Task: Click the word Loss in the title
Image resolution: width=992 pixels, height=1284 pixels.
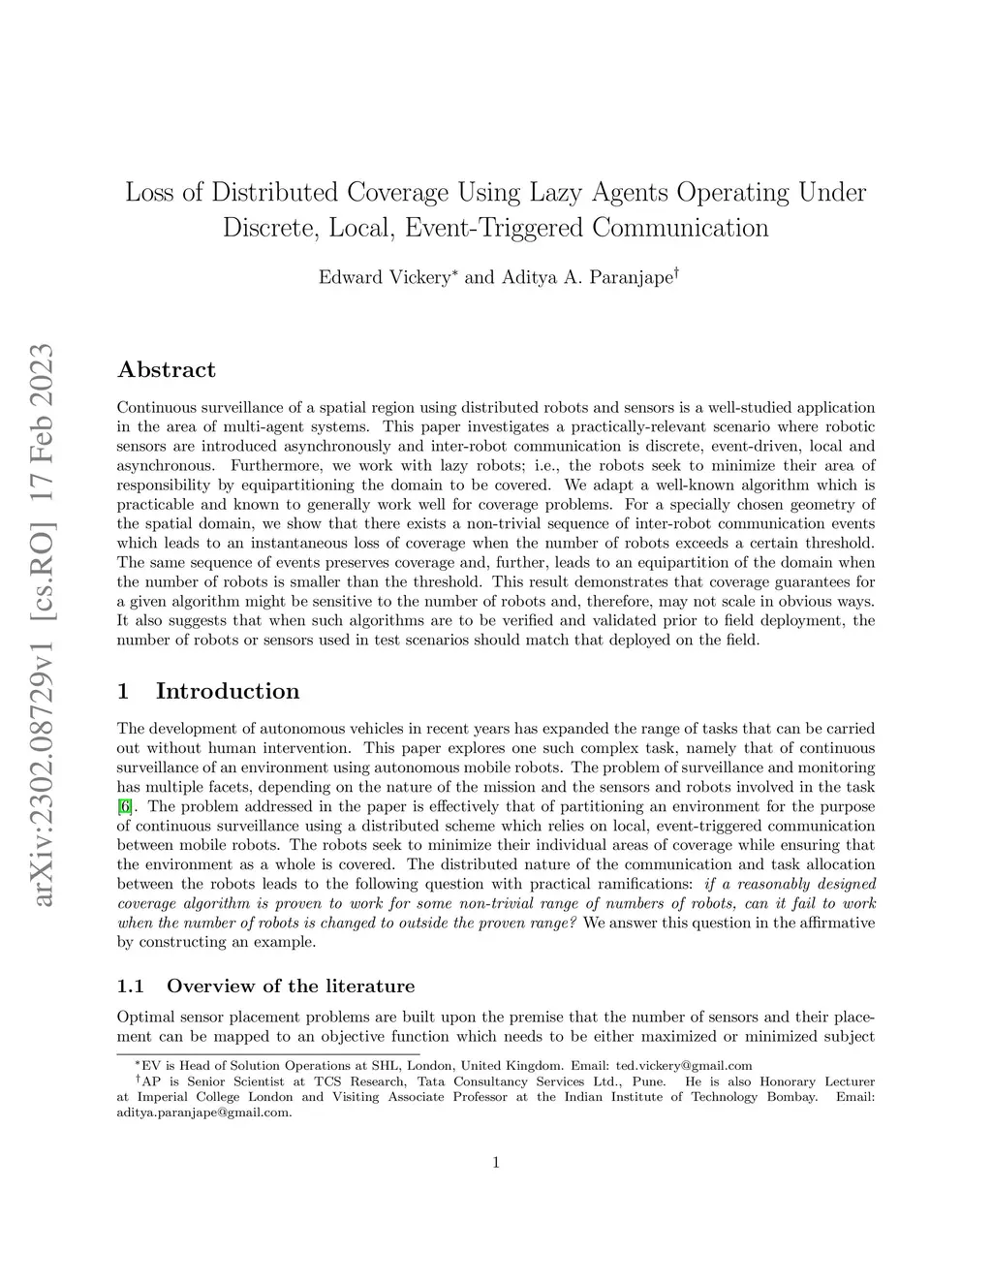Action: (149, 192)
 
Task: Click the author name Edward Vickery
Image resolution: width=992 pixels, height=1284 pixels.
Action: (384, 277)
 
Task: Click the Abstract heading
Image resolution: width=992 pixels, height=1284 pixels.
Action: (166, 369)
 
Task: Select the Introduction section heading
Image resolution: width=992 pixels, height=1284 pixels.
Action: (227, 691)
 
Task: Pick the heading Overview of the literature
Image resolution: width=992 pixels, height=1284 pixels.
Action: (290, 986)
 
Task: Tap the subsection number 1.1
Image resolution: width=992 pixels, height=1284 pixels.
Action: (130, 986)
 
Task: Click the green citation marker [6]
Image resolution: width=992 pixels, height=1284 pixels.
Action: (125, 806)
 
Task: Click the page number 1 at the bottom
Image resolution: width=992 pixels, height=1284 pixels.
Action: (496, 1163)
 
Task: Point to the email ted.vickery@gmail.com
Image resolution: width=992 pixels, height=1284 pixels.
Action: (684, 1066)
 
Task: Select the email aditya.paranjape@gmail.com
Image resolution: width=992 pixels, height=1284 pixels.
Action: (203, 1112)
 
